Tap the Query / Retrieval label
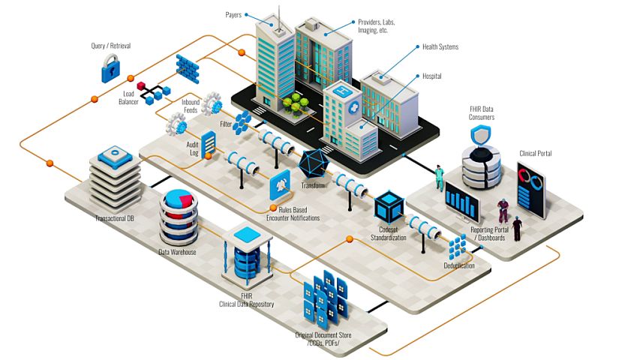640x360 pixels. (110, 46)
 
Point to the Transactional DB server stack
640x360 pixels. (115, 180)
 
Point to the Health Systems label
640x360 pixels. (440, 46)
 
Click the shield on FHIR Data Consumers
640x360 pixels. (481, 136)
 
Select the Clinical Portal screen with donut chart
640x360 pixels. (532, 189)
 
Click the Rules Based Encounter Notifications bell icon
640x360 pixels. (279, 183)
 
